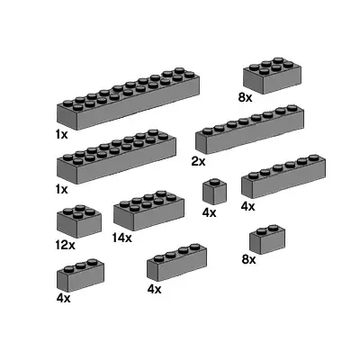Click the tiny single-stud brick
214,192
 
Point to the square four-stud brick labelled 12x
78,221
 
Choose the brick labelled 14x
144,211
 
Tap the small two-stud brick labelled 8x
266,238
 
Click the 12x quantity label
63,245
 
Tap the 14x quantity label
122,238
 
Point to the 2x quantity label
199,161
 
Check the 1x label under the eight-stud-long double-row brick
61,189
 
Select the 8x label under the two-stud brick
249,259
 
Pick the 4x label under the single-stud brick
210,213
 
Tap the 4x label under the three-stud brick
63,296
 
